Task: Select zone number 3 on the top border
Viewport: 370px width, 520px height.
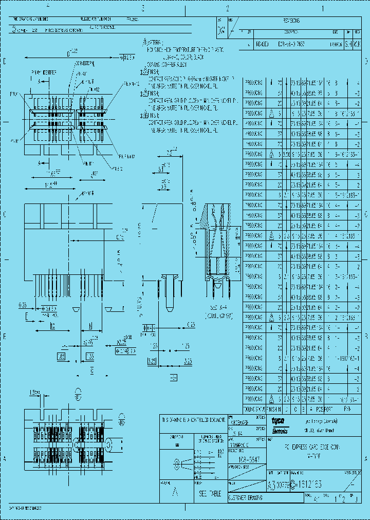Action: pyautogui.click(x=143, y=8)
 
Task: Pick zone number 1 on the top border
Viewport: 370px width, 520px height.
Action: pyautogui.click(x=323, y=8)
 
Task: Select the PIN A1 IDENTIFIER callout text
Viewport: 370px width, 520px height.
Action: pyautogui.click(x=42, y=72)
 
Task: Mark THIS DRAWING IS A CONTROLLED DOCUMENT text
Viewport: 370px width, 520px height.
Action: pyautogui.click(x=193, y=420)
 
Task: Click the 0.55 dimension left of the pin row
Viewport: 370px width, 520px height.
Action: pyautogui.click(x=23, y=305)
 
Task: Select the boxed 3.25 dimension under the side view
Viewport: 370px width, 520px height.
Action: pyautogui.click(x=153, y=362)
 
